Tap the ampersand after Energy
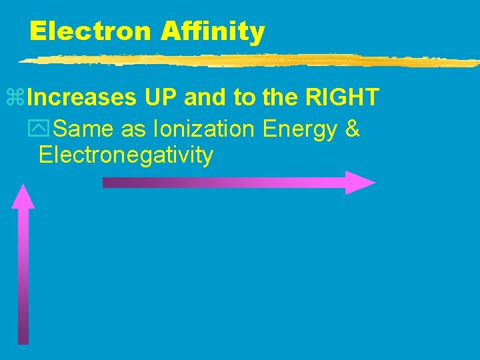353,129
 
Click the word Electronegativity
126,155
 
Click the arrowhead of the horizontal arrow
360,183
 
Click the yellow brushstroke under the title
247,60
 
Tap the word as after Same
133,129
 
